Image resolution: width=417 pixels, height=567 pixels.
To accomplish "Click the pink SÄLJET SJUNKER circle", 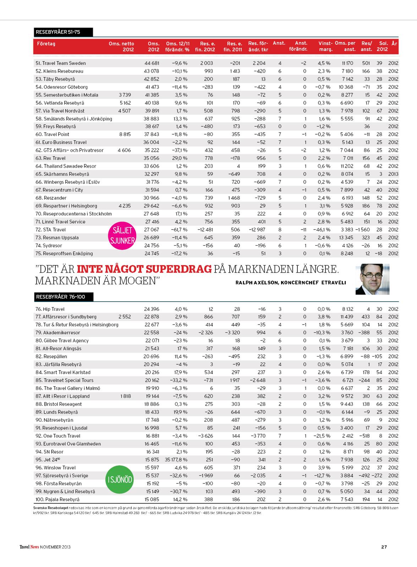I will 122,236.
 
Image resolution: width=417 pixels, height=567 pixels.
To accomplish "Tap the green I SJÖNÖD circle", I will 120,480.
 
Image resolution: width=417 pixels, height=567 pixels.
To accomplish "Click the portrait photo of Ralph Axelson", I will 372,279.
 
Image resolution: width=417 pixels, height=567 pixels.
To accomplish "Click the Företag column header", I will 46,44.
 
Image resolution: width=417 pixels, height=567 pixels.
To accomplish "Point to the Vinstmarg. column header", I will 325,46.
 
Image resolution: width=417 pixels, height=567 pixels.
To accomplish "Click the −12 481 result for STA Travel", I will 205,230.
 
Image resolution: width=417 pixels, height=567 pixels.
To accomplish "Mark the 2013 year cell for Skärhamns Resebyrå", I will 393,174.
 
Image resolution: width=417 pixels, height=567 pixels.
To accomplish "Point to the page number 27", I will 384,547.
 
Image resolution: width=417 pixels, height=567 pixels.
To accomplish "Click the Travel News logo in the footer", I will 29,547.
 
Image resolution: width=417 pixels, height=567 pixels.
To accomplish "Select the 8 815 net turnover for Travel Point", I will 124,134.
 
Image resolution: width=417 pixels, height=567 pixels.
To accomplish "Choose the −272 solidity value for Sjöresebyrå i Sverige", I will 377,476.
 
